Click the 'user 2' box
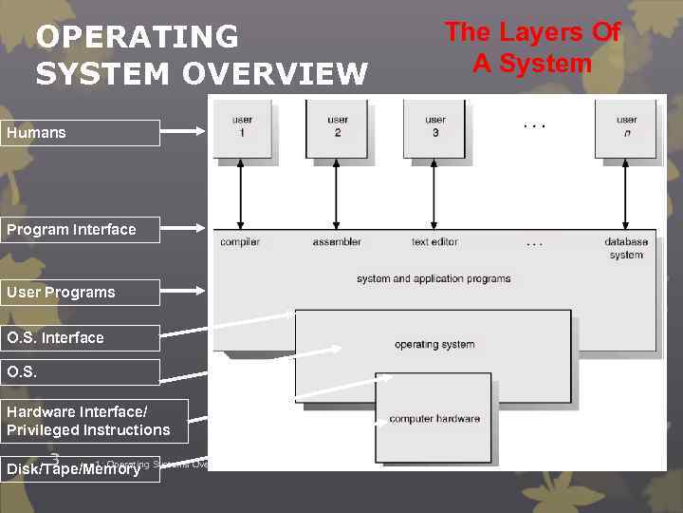point(337,127)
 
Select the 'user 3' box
point(434,127)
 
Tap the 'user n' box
point(626,127)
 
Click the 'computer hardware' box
point(434,419)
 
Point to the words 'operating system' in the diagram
point(434,344)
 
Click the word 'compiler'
point(240,242)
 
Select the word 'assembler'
point(337,242)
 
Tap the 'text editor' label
point(434,242)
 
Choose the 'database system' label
point(626,248)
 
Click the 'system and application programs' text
point(434,279)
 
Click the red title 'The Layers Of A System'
point(532,47)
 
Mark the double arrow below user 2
point(337,194)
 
